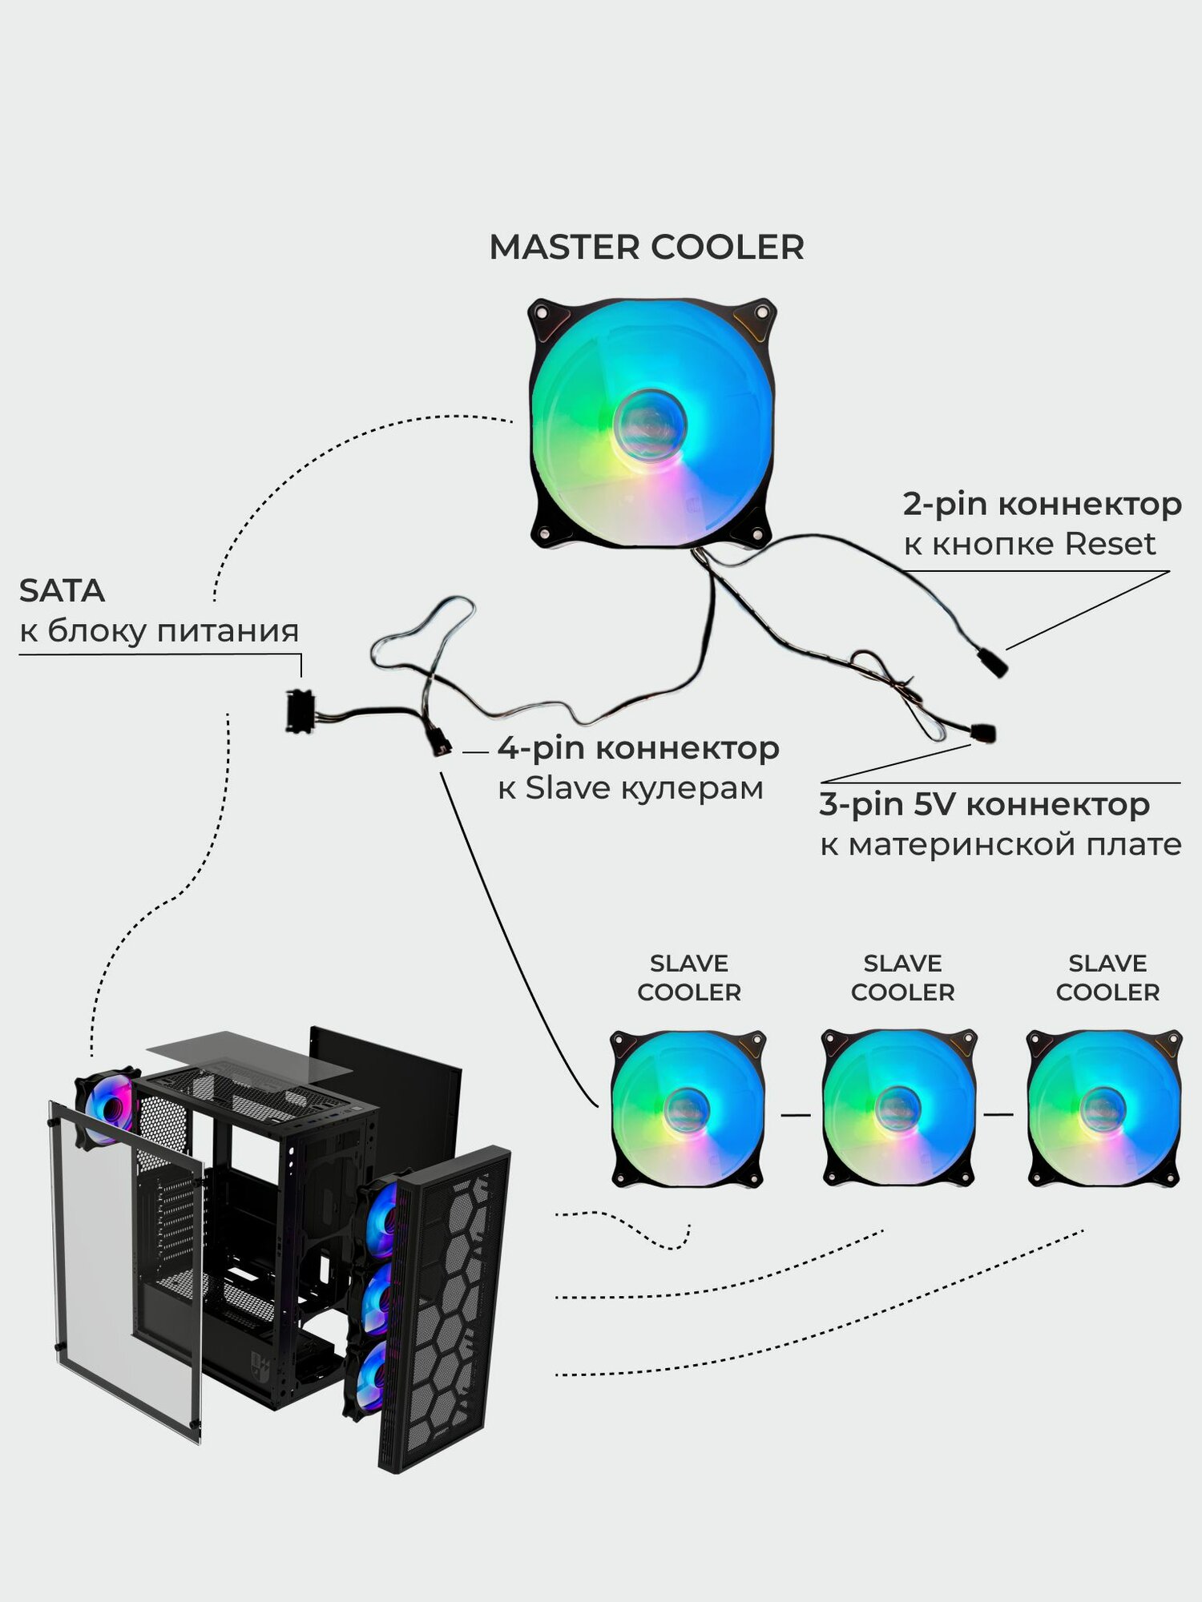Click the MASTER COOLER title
[x=646, y=248]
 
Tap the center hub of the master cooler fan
[x=650, y=425]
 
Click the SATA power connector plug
[x=299, y=711]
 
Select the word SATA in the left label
[x=62, y=591]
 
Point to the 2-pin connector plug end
[x=992, y=663]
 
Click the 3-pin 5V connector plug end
[x=983, y=732]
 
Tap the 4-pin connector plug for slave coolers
[x=440, y=744]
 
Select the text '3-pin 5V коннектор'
[x=984, y=804]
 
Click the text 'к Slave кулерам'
[x=630, y=789]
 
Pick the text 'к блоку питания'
[x=159, y=631]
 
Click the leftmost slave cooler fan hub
[x=687, y=1110]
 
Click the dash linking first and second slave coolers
[x=795, y=1114]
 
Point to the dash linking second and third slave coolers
[x=998, y=1114]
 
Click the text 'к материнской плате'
[x=1000, y=845]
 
